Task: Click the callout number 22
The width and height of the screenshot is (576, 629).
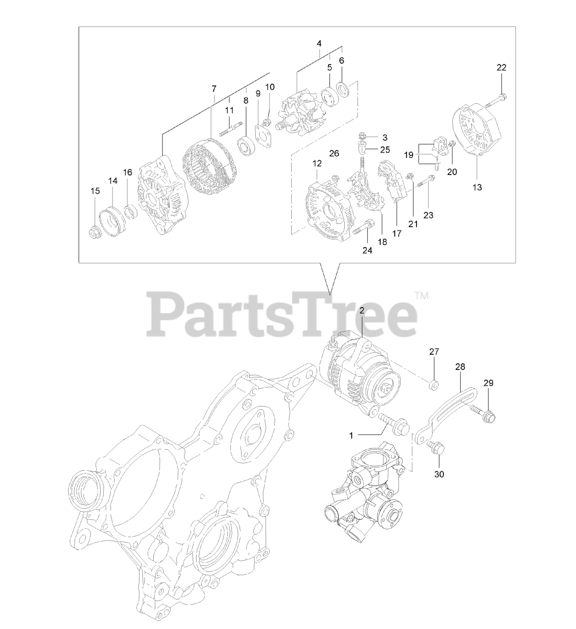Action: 501,67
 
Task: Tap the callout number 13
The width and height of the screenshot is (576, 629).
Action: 477,187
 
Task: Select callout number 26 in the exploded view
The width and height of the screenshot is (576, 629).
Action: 334,153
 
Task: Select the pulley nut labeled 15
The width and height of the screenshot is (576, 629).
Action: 94,231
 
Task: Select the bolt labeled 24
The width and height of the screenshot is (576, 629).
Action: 366,228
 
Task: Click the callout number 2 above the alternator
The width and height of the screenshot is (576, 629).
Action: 362,311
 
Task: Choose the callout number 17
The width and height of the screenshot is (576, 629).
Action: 397,234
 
